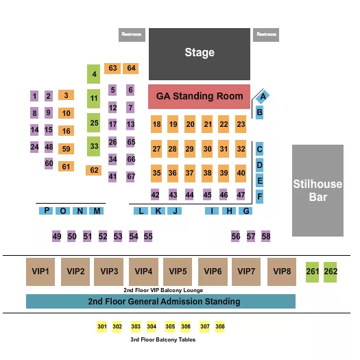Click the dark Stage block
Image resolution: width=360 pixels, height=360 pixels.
pos(199,52)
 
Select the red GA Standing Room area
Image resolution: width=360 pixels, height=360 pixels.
pos(199,97)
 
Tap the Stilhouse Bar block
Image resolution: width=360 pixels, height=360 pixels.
pos(317,190)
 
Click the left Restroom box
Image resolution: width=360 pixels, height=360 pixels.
pos(131,34)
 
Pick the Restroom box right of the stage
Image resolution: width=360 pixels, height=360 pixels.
pos(265,34)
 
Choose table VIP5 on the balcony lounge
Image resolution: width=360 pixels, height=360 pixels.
pos(178,272)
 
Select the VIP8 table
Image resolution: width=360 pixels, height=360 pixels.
pos(282,272)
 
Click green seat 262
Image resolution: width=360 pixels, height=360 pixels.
pos(331,271)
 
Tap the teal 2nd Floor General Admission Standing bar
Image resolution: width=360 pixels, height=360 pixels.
pos(160,301)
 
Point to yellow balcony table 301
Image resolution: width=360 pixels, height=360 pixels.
pos(102,326)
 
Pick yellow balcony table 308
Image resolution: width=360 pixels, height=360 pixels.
pos(220,326)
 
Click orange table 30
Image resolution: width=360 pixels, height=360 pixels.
pos(207,149)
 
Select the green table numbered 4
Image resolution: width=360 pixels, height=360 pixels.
pos(94,74)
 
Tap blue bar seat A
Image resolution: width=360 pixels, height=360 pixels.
pos(263,97)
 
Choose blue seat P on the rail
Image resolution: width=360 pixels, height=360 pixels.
pos(46,211)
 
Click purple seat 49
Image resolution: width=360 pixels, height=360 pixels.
pos(56,237)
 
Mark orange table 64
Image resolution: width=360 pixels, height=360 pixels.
pos(131,68)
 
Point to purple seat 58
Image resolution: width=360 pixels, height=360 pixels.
pos(266,236)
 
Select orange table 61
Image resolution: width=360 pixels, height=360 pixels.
pos(66,167)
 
